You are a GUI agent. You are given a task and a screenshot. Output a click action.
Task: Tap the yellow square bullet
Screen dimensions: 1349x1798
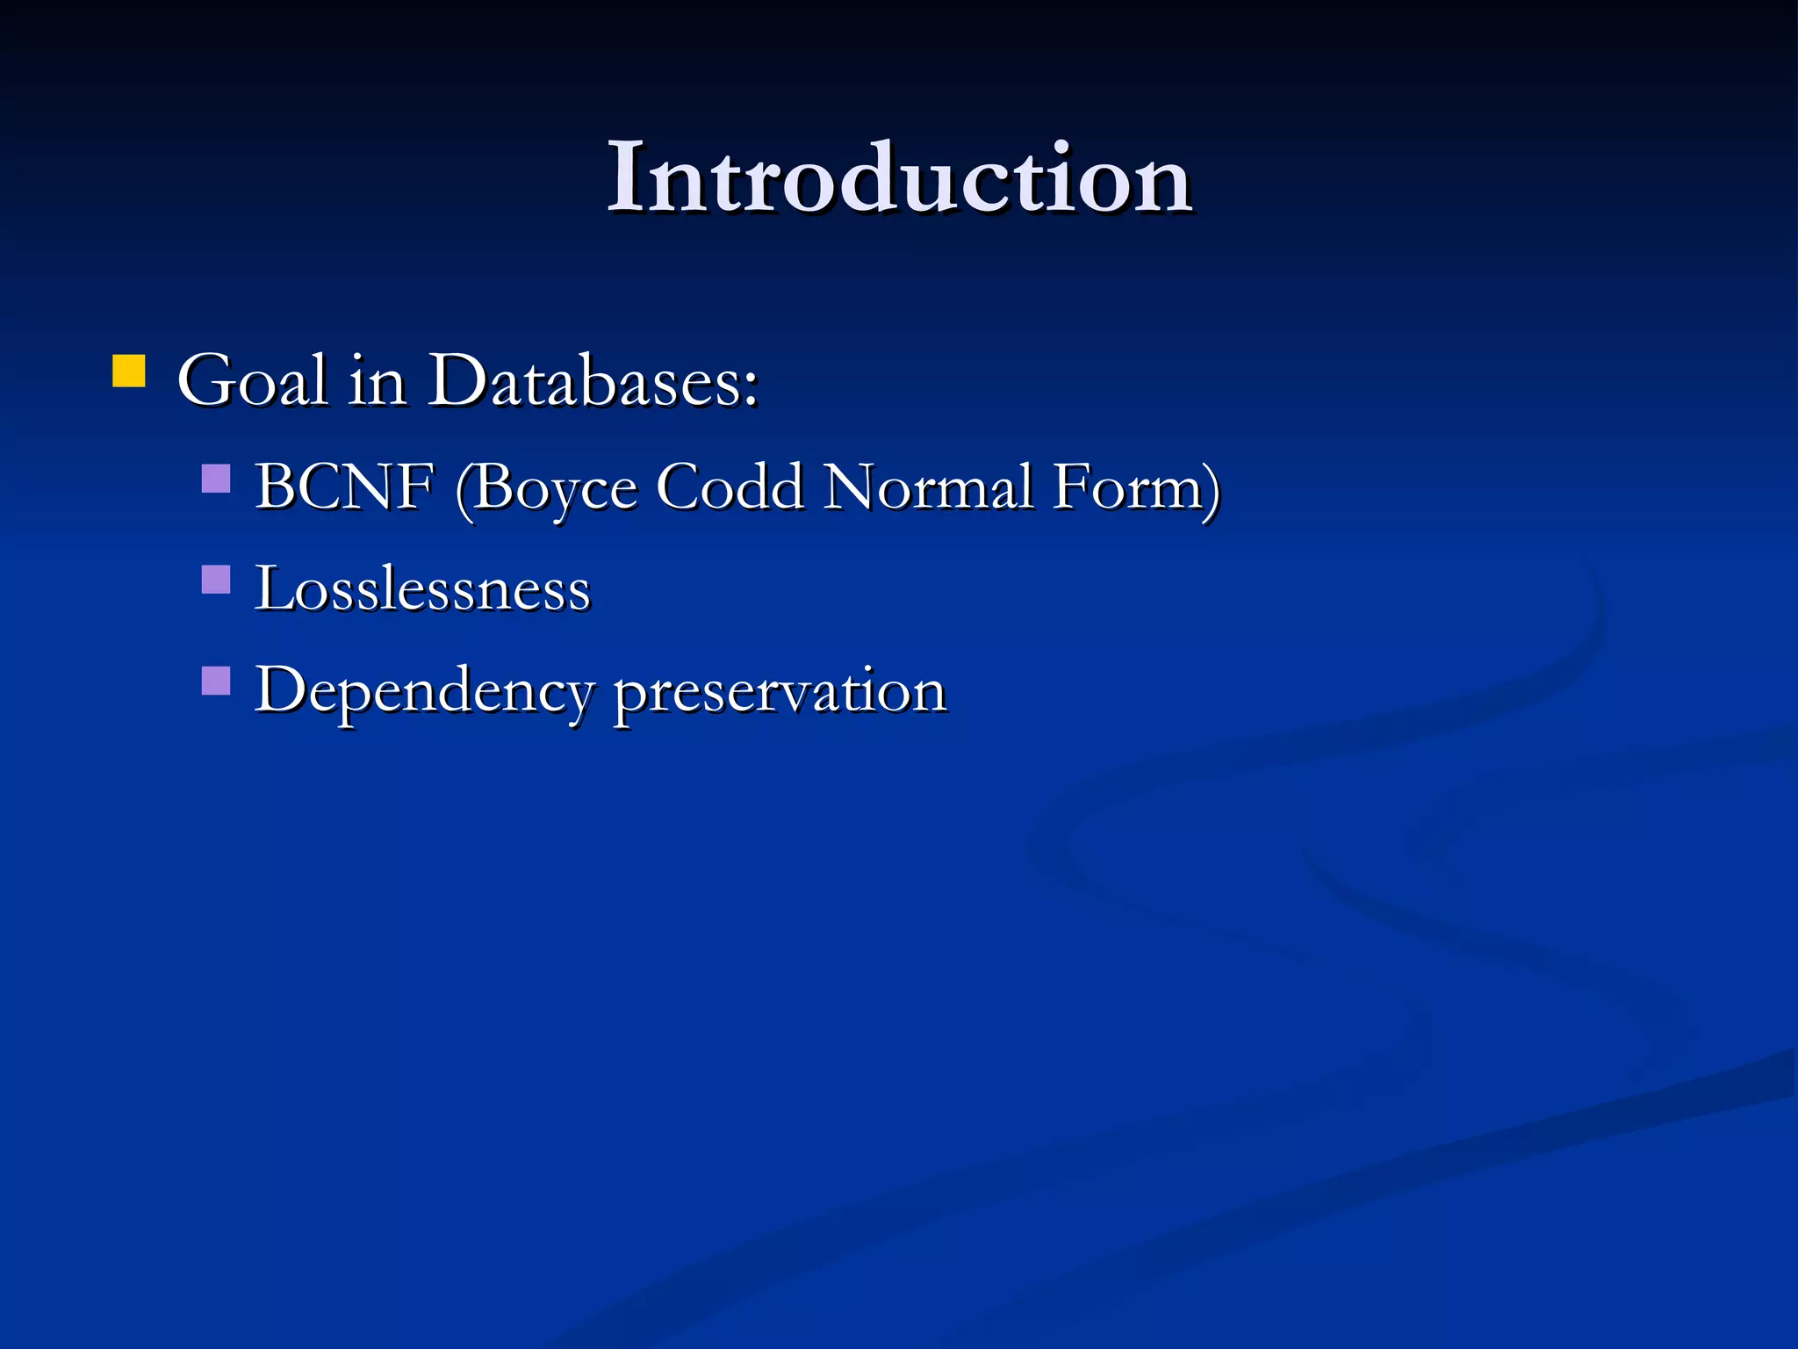[x=129, y=371]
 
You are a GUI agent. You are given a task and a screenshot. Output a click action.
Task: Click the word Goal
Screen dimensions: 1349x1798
[x=253, y=382]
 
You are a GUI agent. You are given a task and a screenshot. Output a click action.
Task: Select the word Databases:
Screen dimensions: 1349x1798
[x=593, y=382]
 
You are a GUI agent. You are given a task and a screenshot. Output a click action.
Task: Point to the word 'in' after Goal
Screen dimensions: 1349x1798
[x=377, y=382]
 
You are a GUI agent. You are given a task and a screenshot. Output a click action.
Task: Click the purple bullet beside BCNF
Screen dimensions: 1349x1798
[x=216, y=479]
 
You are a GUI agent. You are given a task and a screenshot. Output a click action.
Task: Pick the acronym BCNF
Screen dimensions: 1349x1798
[x=344, y=487]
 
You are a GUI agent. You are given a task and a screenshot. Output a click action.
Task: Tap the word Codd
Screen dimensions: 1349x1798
[x=730, y=487]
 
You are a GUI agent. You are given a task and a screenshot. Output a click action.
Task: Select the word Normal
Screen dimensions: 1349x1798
[x=928, y=487]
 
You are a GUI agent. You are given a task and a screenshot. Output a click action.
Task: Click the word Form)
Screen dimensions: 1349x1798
[x=1137, y=488]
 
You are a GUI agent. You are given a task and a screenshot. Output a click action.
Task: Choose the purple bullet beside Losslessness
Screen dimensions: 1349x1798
[x=216, y=580]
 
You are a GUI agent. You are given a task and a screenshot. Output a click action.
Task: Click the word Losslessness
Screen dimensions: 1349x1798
[x=422, y=588]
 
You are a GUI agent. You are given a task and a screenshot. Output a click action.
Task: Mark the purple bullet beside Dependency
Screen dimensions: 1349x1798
[x=216, y=681]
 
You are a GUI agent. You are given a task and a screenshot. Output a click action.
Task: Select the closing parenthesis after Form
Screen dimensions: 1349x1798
[x=1212, y=490]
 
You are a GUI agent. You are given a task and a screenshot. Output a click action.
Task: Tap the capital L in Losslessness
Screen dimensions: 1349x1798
[x=272, y=588]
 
